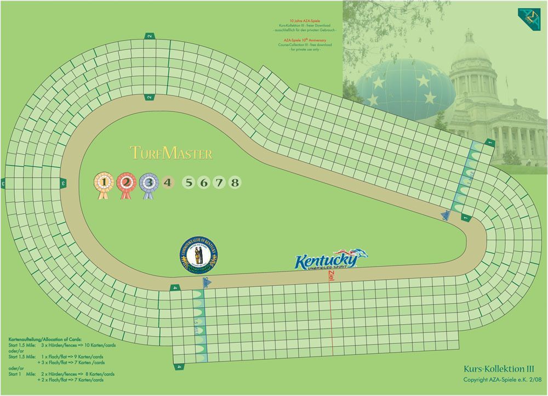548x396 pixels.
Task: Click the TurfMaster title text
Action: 171,153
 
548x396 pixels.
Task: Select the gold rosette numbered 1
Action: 104,182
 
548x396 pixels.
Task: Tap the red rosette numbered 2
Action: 127,182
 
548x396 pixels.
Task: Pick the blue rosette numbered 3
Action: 149,182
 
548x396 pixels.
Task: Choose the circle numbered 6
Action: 204,183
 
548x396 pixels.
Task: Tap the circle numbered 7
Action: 219,183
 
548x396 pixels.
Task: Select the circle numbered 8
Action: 235,183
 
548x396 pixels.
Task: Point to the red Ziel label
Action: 330,276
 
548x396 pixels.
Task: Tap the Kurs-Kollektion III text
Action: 498,370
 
